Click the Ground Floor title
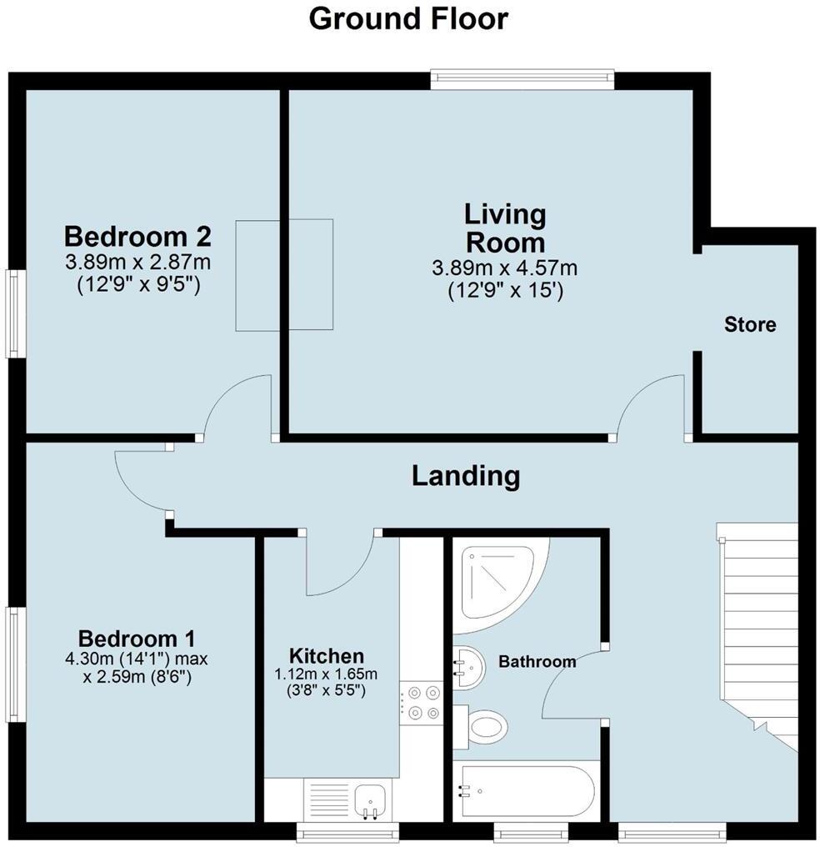[x=408, y=18]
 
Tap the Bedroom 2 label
[x=137, y=236]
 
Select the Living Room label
[x=504, y=228]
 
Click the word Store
[x=749, y=324]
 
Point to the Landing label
[x=466, y=476]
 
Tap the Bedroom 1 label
[x=141, y=639]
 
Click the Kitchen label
[x=327, y=655]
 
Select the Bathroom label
[x=537, y=662]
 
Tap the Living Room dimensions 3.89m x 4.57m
[x=504, y=268]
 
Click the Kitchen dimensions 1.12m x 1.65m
[x=327, y=674]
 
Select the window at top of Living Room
[x=522, y=80]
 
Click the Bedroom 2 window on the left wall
[x=14, y=313]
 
